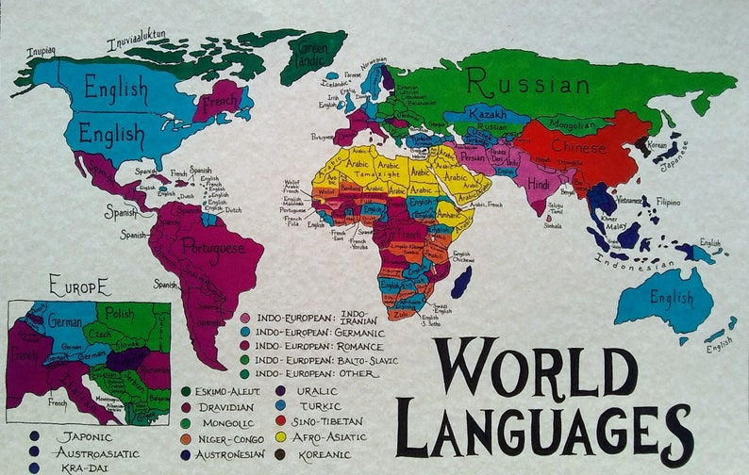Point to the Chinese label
pyautogui.click(x=579, y=147)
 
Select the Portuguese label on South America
pyautogui.click(x=210, y=248)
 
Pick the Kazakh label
pyautogui.click(x=488, y=114)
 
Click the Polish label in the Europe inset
pyautogui.click(x=120, y=313)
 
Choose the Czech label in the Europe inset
pyautogui.click(x=99, y=336)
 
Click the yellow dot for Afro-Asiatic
pyautogui.click(x=281, y=437)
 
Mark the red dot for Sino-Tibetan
pyautogui.click(x=281, y=421)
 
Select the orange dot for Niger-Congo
pyautogui.click(x=187, y=438)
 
